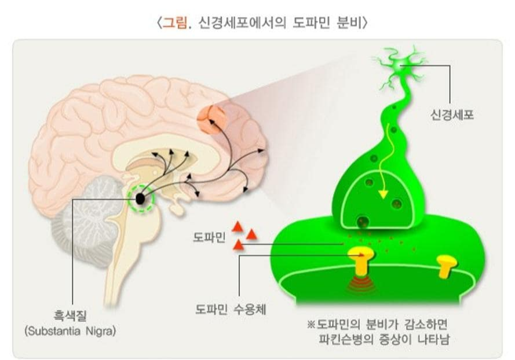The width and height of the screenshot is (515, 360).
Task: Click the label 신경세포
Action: (452, 116)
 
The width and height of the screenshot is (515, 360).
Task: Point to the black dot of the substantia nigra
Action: (140, 199)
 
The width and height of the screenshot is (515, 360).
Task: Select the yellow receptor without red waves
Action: (447, 266)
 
